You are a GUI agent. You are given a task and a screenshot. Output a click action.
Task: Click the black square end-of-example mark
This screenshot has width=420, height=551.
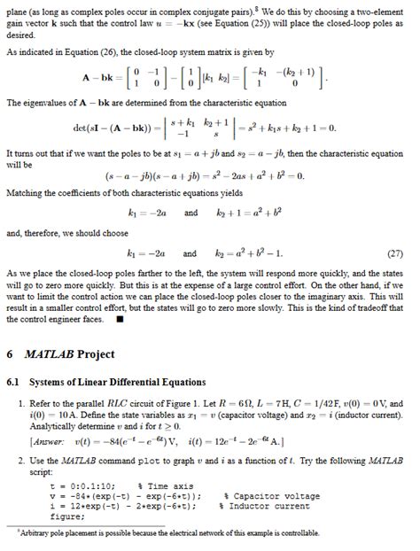click(x=120, y=320)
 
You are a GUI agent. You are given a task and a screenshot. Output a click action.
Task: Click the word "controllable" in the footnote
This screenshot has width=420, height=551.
click(x=296, y=533)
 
